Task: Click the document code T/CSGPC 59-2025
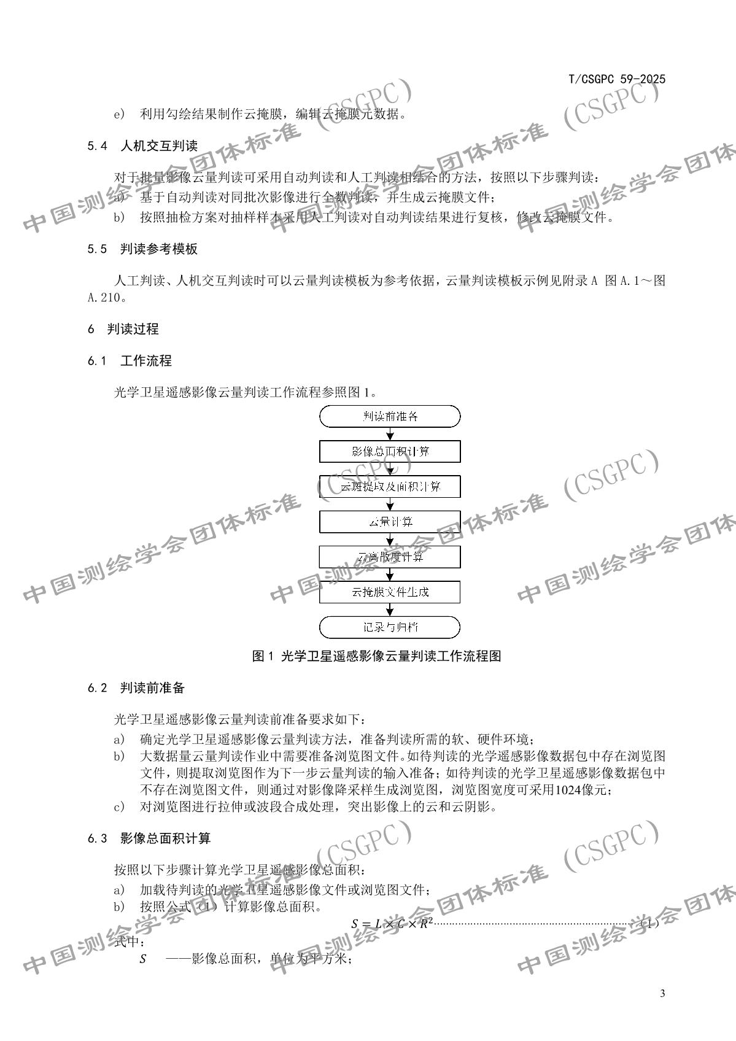[617, 79]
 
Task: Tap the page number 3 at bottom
[662, 994]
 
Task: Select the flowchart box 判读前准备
[390, 416]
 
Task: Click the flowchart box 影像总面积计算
[390, 452]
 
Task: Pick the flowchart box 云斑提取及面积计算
[390, 487]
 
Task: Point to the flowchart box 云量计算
[390, 522]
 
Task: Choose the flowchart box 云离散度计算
[390, 557]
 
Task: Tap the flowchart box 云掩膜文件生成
[390, 592]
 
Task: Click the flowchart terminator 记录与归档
[390, 627]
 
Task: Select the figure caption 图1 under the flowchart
[376, 656]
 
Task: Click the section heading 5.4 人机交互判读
[142, 146]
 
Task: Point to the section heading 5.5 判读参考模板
[142, 249]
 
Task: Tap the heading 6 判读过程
[123, 329]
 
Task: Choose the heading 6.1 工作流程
[130, 361]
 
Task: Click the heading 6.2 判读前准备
[136, 688]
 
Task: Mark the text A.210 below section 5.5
[106, 298]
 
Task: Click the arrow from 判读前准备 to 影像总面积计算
[390, 434]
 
